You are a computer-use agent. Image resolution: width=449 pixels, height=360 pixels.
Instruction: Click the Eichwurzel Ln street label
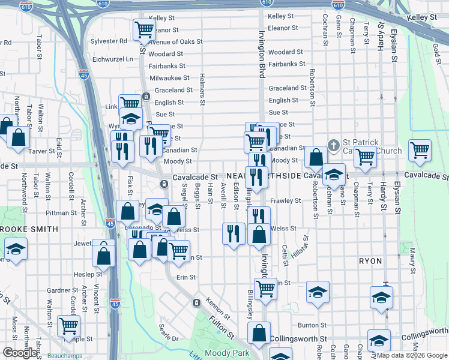(x=113, y=59)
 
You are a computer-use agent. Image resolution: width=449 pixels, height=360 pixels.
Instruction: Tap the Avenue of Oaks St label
(x=176, y=41)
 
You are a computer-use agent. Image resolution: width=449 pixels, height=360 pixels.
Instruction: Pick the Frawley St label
(x=285, y=201)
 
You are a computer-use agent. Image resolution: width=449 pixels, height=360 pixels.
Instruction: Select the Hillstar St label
(x=302, y=246)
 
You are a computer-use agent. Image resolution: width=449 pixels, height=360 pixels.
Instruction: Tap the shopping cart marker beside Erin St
(x=265, y=289)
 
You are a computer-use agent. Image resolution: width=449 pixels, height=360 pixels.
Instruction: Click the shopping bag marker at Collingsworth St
(x=259, y=334)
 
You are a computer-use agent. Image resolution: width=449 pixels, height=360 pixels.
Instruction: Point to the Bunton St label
(x=312, y=325)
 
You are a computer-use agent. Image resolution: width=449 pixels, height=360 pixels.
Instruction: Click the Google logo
(x=20, y=353)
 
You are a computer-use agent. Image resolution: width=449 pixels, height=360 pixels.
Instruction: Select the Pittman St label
(x=58, y=212)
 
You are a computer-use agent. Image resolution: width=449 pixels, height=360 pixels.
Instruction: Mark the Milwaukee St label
(x=169, y=78)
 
